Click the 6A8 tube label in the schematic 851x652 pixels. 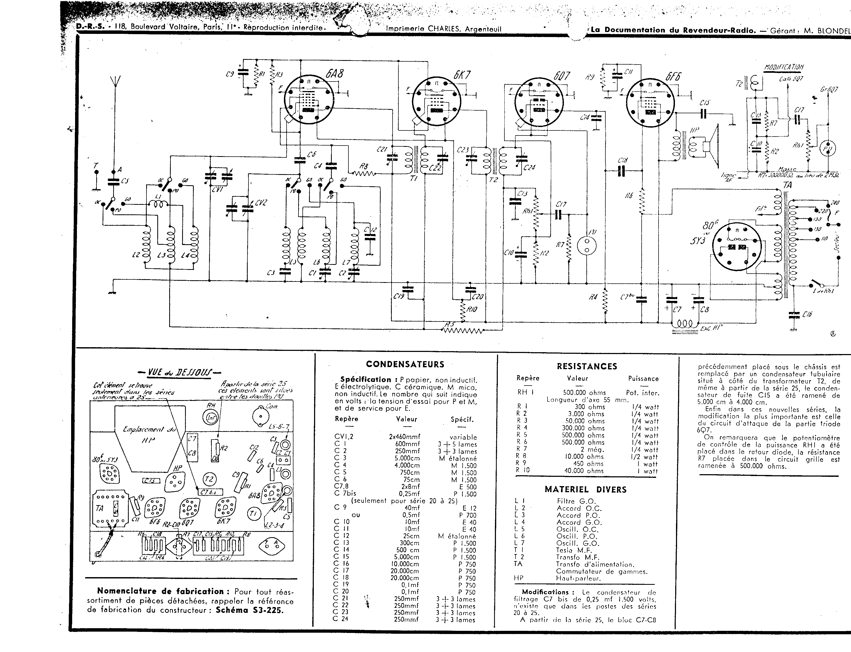(x=334, y=73)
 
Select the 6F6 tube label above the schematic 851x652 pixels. (x=673, y=76)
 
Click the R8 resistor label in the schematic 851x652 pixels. (x=364, y=166)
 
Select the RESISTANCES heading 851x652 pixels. (x=587, y=366)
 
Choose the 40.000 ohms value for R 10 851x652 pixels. (x=584, y=471)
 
